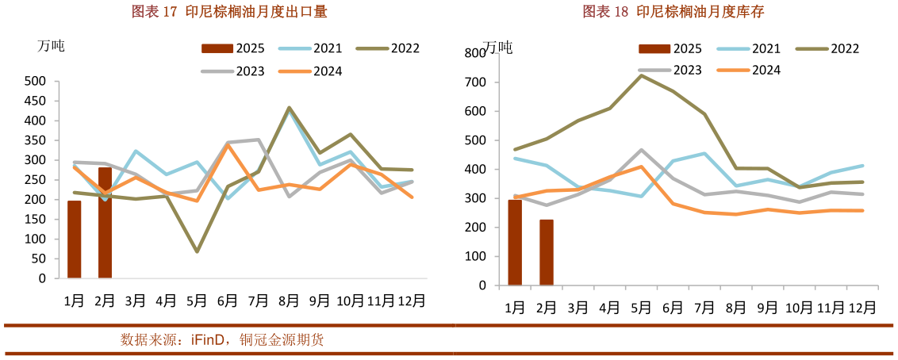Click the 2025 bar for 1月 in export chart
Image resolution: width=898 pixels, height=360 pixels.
coord(74,239)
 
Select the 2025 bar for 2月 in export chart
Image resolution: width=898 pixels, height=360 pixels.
coord(105,223)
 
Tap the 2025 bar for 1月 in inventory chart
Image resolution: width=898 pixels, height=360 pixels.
coord(515,242)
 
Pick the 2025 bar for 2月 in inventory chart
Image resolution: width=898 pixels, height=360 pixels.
coord(546,252)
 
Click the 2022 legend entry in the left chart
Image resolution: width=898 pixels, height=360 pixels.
coord(389,48)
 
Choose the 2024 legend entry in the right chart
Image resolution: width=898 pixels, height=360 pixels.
coord(750,71)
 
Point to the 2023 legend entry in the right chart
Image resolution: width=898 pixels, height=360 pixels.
coord(672,71)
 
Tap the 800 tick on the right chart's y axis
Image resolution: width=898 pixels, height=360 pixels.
coord(475,53)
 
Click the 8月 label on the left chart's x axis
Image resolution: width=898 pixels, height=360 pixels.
coord(288,301)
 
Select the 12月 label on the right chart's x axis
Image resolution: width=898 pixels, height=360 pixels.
coord(862,308)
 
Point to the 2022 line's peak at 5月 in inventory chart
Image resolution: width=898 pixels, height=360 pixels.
coord(641,75)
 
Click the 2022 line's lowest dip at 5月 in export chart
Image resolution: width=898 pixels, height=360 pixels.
coord(197,251)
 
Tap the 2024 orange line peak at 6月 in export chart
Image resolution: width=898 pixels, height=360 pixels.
coord(228,145)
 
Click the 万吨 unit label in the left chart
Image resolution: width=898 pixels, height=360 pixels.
coord(51,46)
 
